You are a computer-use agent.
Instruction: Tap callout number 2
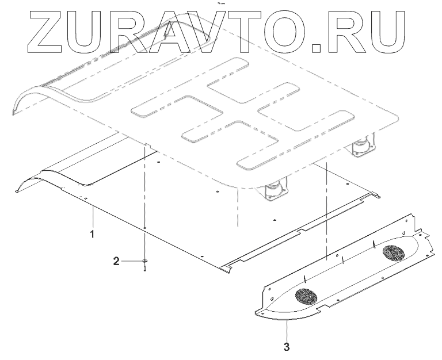[117, 262]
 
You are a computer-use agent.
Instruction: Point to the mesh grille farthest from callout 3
[394, 252]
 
